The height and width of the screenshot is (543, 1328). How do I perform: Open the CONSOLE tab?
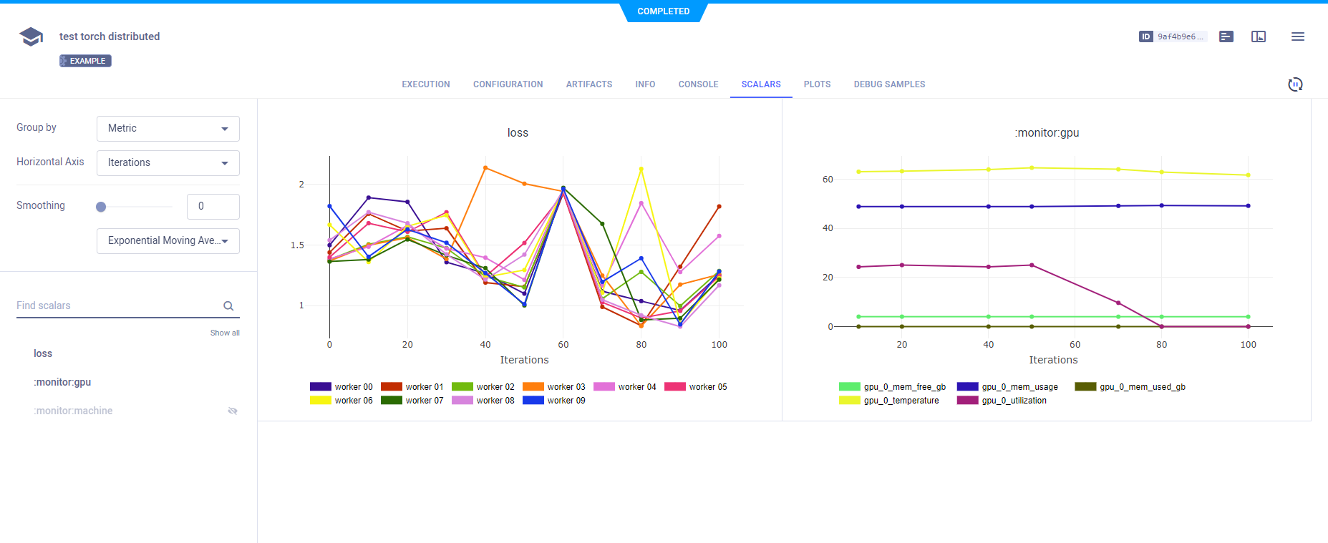point(698,84)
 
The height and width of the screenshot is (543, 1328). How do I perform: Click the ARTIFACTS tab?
point(588,84)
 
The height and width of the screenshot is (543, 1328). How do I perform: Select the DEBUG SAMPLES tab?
point(889,84)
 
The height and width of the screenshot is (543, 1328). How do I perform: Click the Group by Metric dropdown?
point(168,129)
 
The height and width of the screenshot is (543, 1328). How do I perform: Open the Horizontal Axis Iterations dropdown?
point(168,163)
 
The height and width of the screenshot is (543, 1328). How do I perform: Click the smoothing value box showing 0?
point(213,206)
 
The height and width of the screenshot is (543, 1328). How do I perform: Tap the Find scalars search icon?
point(228,306)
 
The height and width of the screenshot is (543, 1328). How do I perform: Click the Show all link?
point(225,333)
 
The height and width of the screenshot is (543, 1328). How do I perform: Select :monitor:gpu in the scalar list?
point(62,382)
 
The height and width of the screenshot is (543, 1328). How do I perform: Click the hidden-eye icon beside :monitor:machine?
point(233,411)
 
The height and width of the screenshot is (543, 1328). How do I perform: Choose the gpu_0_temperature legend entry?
point(889,401)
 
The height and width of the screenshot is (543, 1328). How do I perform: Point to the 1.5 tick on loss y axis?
point(297,245)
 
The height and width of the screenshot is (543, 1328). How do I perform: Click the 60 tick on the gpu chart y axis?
point(828,180)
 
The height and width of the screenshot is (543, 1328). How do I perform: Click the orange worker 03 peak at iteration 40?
point(485,168)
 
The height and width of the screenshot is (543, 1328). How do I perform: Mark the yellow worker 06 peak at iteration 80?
point(641,170)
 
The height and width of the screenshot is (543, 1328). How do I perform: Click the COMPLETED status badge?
point(664,11)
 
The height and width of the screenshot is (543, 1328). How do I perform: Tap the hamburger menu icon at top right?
point(1297,36)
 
